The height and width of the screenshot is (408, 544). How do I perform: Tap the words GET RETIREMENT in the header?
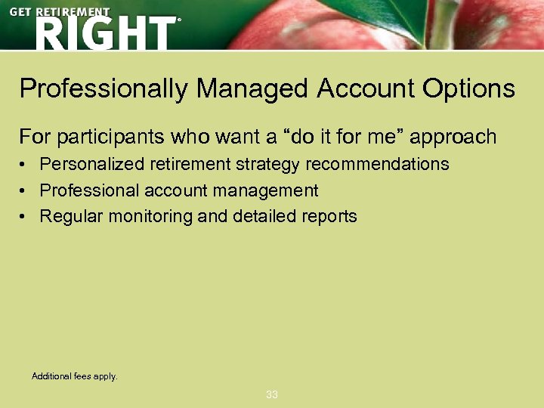point(60,12)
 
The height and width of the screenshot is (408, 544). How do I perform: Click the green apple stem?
point(444,23)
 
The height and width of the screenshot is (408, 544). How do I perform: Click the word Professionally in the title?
point(104,90)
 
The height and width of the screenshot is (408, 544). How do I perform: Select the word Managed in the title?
point(252,90)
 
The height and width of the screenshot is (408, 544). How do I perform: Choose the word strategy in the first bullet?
point(269,164)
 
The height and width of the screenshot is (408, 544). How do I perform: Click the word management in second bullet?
point(269,190)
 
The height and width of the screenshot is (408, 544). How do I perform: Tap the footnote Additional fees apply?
point(75,376)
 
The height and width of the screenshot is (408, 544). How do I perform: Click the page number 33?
point(272,394)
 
